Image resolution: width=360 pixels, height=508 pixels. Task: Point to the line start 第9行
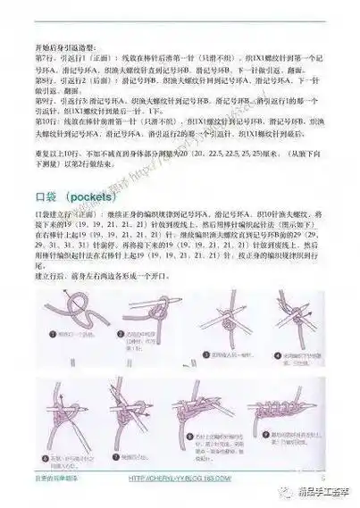(42, 127)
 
